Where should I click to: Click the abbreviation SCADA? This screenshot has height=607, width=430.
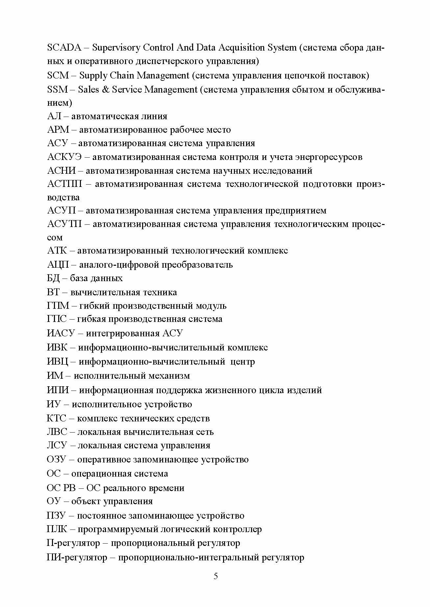pyautogui.click(x=64, y=48)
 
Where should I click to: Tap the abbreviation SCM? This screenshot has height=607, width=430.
pyautogui.click(x=58, y=76)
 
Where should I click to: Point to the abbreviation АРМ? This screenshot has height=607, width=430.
pyautogui.click(x=58, y=130)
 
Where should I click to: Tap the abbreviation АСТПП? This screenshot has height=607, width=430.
pyautogui.click(x=64, y=184)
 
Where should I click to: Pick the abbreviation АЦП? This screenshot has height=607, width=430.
pyautogui.click(x=58, y=265)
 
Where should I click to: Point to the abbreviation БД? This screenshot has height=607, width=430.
pyautogui.click(x=54, y=279)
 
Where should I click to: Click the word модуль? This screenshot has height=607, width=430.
pyautogui.click(x=211, y=306)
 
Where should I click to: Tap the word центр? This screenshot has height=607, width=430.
pyautogui.click(x=242, y=362)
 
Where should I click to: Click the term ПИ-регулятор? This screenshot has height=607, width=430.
pyautogui.click(x=77, y=558)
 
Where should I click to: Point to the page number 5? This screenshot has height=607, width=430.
pyautogui.click(x=216, y=585)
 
